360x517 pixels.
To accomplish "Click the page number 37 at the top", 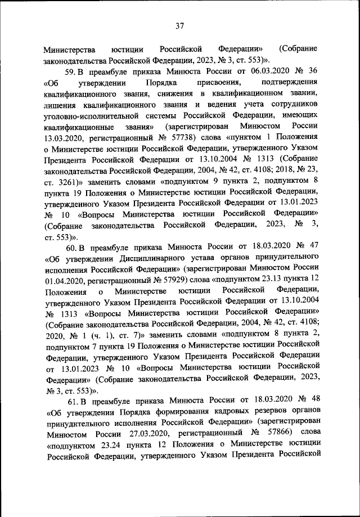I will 180,25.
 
